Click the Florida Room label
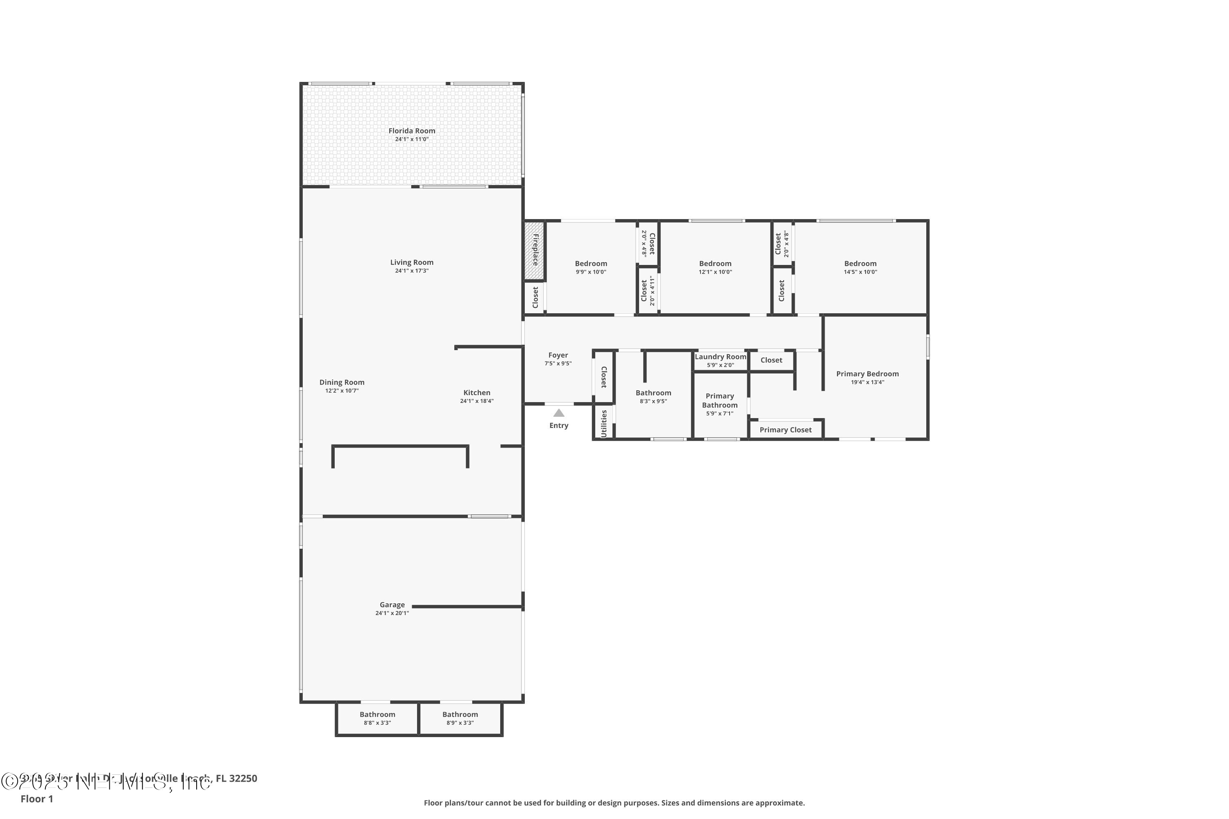(x=411, y=131)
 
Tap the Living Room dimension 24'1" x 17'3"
(x=411, y=271)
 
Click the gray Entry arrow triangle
(x=559, y=413)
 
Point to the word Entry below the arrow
(x=559, y=425)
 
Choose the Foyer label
(x=558, y=355)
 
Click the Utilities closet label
(x=603, y=423)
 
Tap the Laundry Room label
(x=720, y=357)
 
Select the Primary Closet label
(x=785, y=430)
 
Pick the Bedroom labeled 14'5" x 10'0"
(x=859, y=264)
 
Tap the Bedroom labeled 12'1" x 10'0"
(x=715, y=264)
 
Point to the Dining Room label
(x=342, y=382)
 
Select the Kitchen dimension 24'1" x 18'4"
(x=476, y=401)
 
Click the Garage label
(x=392, y=605)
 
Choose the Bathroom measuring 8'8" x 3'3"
(x=377, y=715)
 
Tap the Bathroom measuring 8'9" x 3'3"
(x=460, y=715)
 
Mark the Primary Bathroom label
(x=719, y=400)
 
